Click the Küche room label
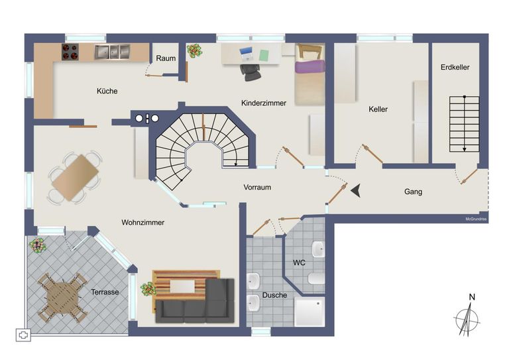tap(107, 91)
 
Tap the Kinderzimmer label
tap(264, 103)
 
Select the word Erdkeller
tap(455, 67)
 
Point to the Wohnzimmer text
tap(143, 222)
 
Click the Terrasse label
tap(105, 292)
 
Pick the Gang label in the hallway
tap(414, 192)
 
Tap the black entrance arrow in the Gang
tap(356, 190)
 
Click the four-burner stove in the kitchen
tap(70, 52)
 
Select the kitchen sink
tap(112, 52)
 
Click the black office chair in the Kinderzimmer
tap(251, 72)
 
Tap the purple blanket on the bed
tap(310, 66)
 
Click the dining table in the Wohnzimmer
tap(76, 178)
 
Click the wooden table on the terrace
tap(62, 298)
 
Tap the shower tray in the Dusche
tap(310, 312)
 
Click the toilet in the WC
tap(316, 278)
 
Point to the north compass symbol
tap(467, 316)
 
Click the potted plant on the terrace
tap(38, 245)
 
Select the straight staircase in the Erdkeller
tap(464, 124)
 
